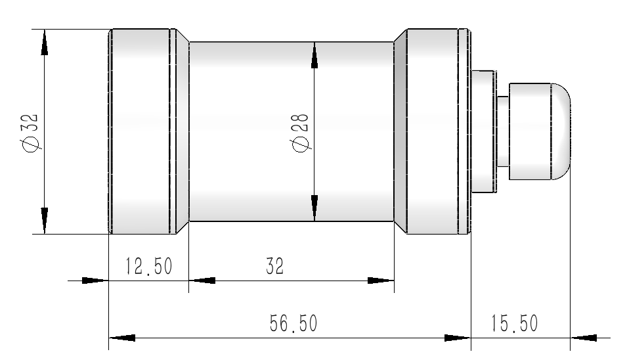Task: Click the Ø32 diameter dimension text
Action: (x=30, y=131)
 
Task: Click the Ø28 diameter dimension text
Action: (x=299, y=131)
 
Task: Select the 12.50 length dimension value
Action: (x=148, y=267)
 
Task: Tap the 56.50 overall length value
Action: (x=293, y=324)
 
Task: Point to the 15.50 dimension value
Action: (x=514, y=324)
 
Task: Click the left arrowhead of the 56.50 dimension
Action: (x=122, y=338)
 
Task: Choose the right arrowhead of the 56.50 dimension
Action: (x=457, y=338)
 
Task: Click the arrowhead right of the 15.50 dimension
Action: (x=584, y=338)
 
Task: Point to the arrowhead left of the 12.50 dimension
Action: (x=93, y=281)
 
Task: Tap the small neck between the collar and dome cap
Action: (x=503, y=131)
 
